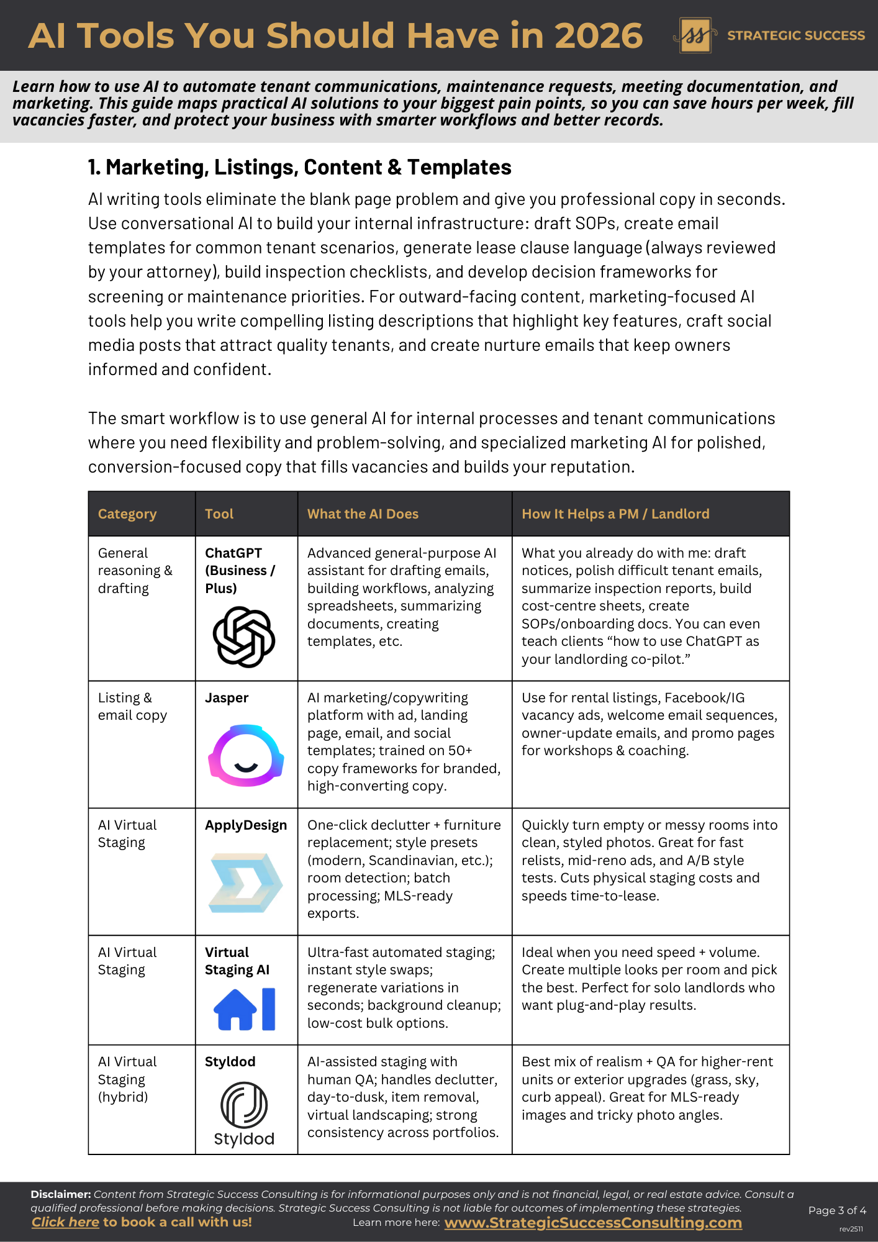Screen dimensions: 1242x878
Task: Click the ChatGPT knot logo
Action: [244, 637]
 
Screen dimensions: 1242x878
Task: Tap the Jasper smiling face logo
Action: [246, 755]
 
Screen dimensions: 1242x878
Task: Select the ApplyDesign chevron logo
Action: [246, 882]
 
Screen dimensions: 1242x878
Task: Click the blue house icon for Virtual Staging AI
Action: [235, 1009]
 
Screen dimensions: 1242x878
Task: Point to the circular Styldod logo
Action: [244, 1105]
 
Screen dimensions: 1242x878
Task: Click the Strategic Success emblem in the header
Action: [695, 35]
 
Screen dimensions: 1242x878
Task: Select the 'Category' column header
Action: [127, 514]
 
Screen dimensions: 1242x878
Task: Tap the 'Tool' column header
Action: [219, 514]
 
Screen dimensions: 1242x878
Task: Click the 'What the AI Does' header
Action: [363, 514]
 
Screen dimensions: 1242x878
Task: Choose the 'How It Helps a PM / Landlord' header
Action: [615, 514]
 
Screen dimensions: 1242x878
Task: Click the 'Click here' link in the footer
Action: [65, 1222]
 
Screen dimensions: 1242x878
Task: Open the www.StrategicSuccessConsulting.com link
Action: [593, 1223]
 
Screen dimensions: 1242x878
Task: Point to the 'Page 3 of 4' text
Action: [837, 1210]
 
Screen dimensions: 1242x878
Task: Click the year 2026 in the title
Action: [598, 35]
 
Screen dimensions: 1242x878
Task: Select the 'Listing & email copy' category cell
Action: [132, 707]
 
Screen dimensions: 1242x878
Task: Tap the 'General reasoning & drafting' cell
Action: [135, 571]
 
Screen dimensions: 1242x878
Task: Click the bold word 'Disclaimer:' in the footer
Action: [61, 1194]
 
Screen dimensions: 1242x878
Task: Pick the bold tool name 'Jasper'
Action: [227, 698]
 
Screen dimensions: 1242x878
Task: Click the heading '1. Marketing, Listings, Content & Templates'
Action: [299, 168]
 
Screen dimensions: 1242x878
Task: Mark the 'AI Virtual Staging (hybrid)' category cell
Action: [127, 1079]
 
